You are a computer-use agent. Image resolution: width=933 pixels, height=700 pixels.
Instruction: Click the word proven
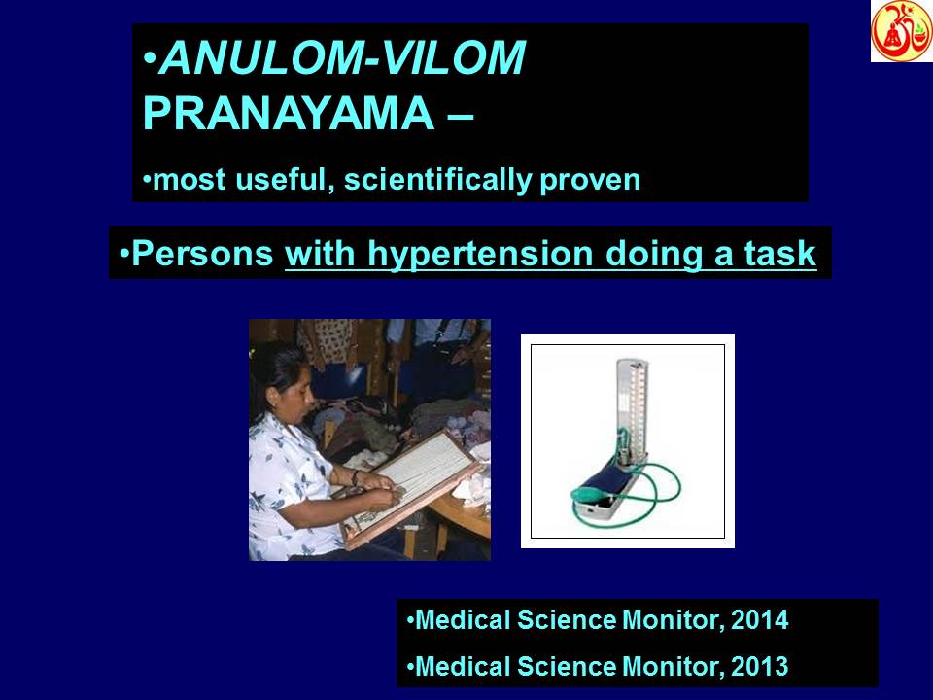(593, 180)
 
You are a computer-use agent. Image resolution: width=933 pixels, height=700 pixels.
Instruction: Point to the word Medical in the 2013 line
(461, 667)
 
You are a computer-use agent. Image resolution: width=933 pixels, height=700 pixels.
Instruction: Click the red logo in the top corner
(901, 31)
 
